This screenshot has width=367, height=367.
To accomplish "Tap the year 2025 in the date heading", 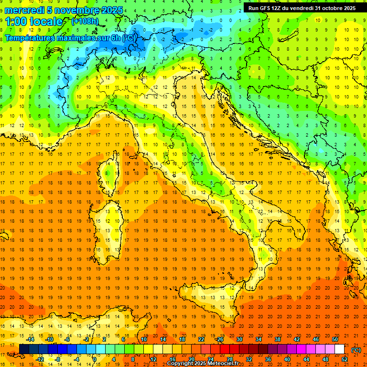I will tap(110, 10).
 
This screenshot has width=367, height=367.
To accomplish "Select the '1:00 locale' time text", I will tap(34, 22).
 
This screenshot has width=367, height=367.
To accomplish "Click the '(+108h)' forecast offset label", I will tap(86, 22).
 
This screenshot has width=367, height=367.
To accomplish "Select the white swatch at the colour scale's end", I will tap(339, 349).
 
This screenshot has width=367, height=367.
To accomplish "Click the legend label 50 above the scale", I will tap(335, 339).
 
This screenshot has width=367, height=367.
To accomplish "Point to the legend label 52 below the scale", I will tap(344, 359).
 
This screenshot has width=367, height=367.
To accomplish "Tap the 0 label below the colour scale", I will tap(95, 359).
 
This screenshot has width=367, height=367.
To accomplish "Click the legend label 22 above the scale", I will tap(201, 339).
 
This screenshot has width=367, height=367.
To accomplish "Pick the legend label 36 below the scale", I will tap(268, 359).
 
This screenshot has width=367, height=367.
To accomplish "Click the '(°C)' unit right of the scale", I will tap(356, 349).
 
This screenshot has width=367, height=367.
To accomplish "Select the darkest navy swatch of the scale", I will tap(24, 349).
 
